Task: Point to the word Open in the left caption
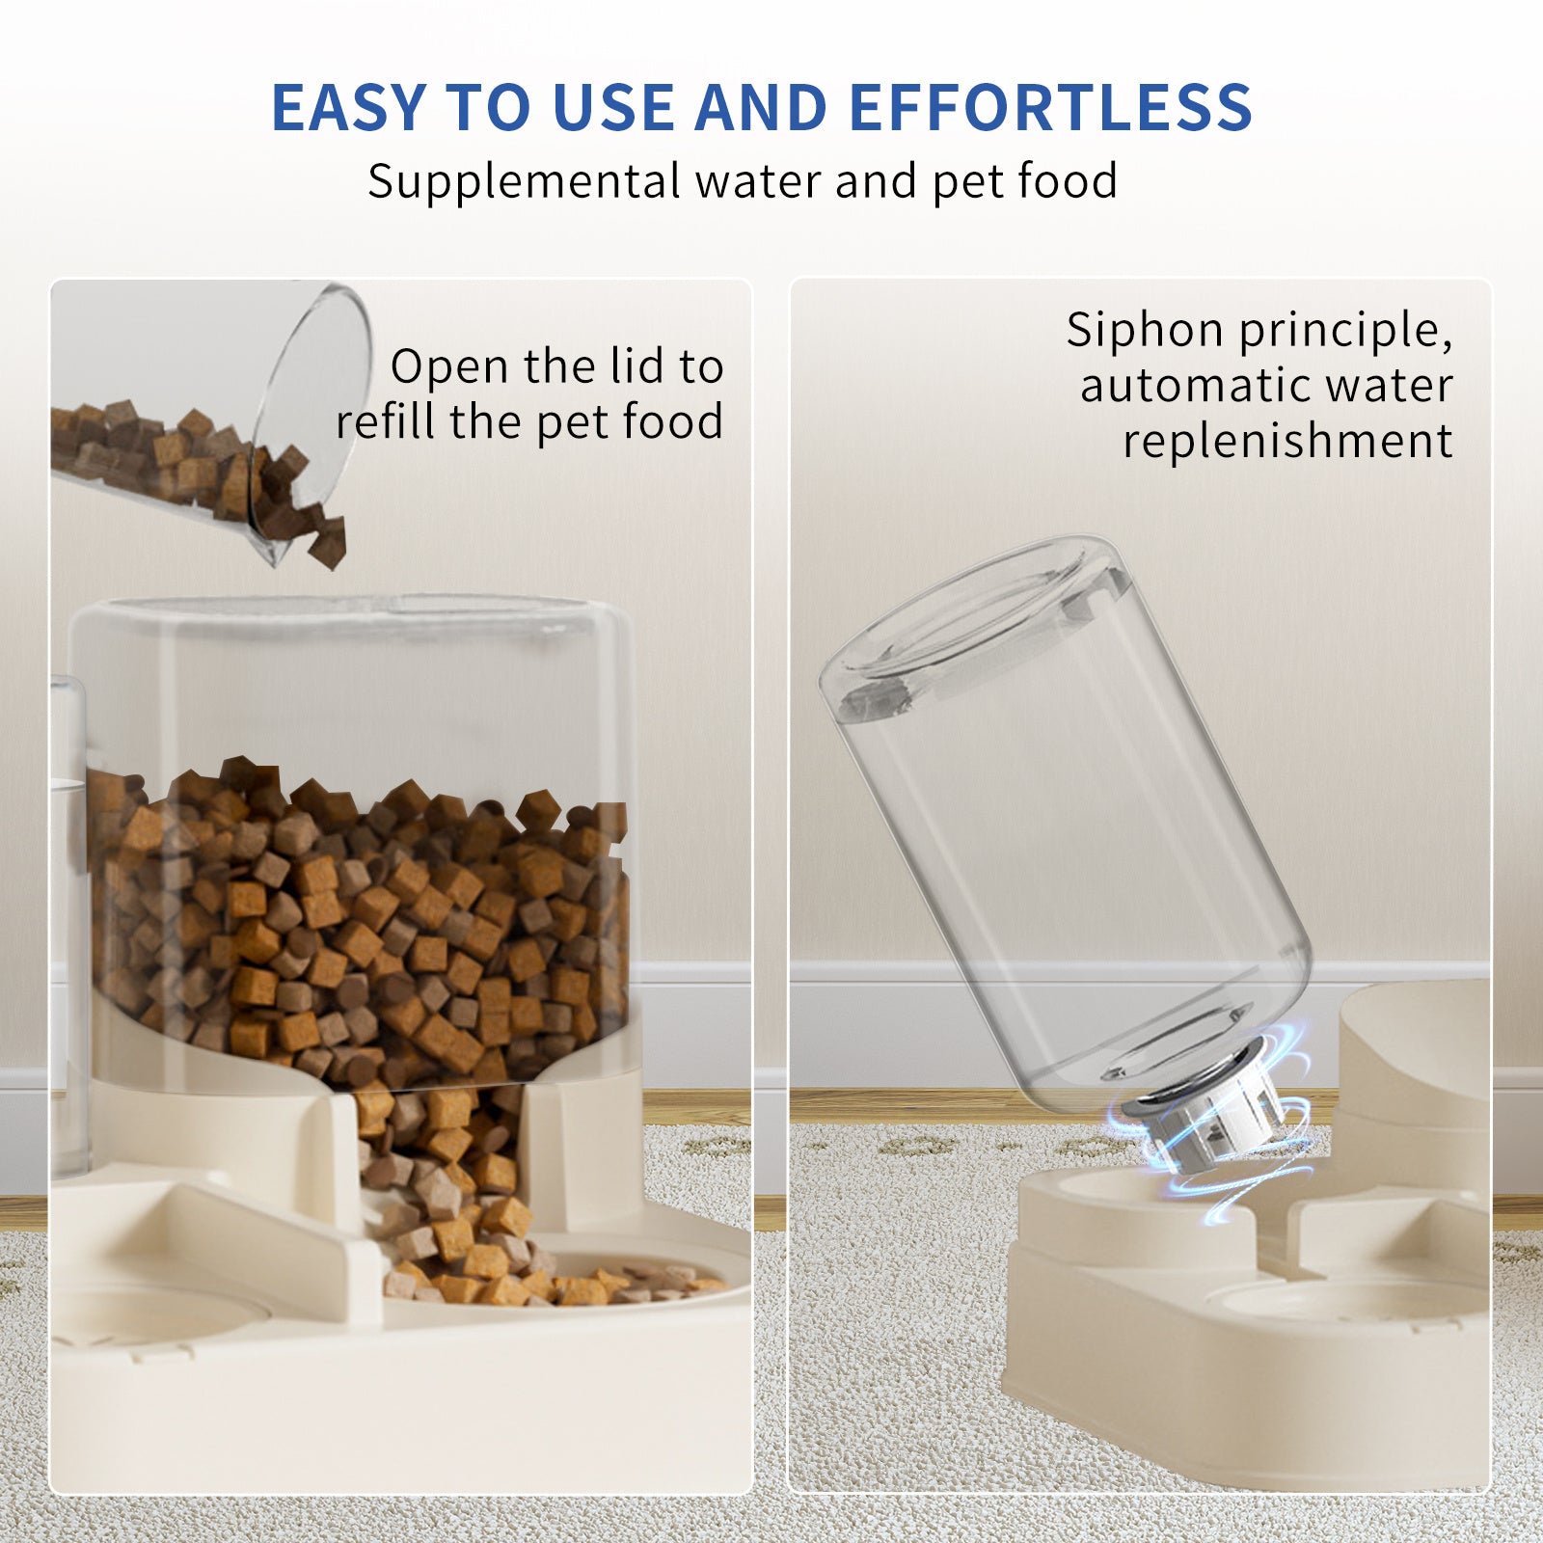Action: pyautogui.click(x=449, y=367)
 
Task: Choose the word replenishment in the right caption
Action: pyautogui.click(x=1287, y=442)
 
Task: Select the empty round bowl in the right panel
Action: pyautogui.click(x=1350, y=1302)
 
